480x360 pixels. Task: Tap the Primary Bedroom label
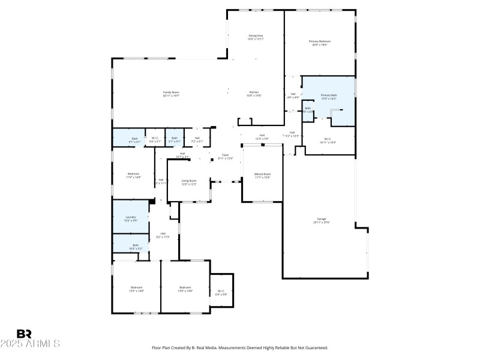point(319,41)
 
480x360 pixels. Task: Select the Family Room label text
point(172,92)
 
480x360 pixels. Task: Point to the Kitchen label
point(254,92)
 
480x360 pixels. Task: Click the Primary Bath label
point(329,95)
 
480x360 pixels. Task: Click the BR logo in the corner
point(24,333)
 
